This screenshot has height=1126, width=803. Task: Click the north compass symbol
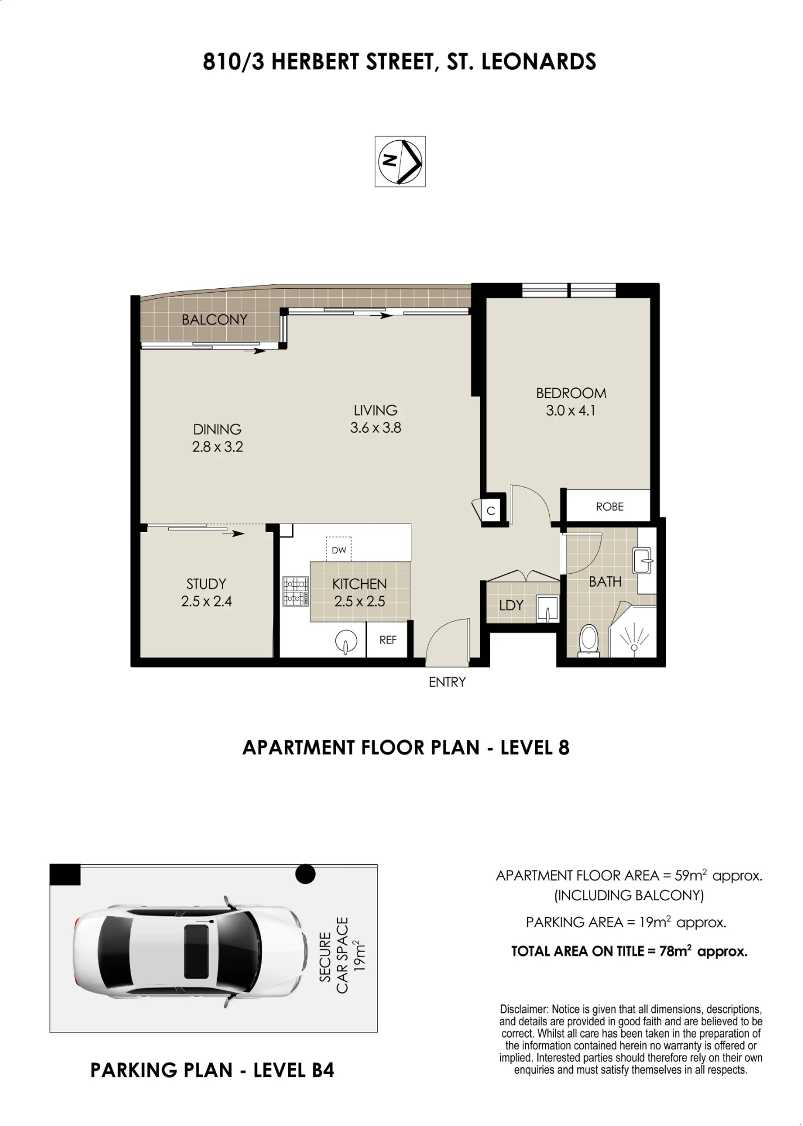400,161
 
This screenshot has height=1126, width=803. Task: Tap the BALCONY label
214,320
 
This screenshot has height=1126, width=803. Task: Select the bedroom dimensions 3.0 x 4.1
571,410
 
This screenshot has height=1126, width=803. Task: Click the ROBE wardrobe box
608,506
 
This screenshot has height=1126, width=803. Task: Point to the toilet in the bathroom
589,640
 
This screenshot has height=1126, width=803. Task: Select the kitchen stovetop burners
296,591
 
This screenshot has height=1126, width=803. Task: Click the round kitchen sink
346,641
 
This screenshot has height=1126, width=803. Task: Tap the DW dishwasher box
339,549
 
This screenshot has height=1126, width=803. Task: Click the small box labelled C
491,510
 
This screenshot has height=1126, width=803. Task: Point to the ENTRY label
447,682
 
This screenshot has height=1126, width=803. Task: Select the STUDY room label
206,584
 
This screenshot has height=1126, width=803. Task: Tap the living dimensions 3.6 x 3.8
375,428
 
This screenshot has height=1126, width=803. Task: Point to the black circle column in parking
305,874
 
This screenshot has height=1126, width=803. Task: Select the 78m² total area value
675,951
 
